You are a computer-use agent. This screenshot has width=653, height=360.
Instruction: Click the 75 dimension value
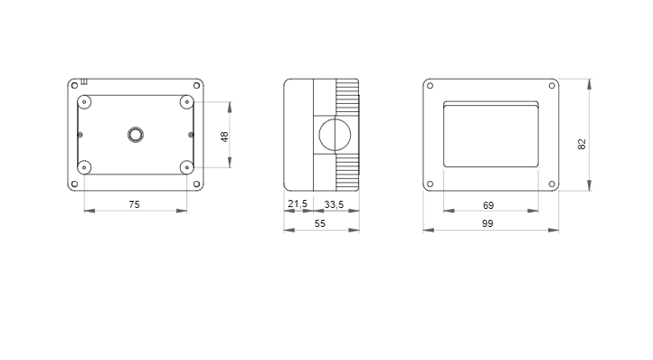click(x=134, y=205)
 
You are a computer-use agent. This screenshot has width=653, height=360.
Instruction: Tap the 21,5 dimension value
click(x=298, y=205)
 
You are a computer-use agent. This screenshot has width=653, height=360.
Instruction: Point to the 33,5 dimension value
click(x=333, y=205)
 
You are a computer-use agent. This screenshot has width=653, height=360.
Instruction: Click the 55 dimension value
click(x=320, y=223)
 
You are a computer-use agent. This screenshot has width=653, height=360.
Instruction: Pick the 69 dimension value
click(x=488, y=205)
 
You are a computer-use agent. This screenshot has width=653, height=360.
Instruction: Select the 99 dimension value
click(x=488, y=223)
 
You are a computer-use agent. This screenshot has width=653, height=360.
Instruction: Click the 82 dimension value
click(x=582, y=144)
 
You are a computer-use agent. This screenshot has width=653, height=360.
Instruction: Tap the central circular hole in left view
click(x=136, y=135)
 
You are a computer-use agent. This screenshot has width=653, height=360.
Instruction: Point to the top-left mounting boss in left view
click(x=84, y=102)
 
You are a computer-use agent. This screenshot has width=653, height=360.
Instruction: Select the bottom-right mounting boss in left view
click(x=186, y=166)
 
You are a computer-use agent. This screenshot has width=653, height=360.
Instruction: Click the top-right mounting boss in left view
click(x=186, y=102)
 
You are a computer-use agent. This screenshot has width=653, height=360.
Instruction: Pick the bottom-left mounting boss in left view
click(x=84, y=166)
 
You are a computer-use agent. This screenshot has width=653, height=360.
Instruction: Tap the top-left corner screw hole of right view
click(x=430, y=86)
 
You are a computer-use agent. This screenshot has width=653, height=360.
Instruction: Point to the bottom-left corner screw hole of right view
click(x=430, y=185)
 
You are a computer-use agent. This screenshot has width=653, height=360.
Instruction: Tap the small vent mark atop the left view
click(x=84, y=81)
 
